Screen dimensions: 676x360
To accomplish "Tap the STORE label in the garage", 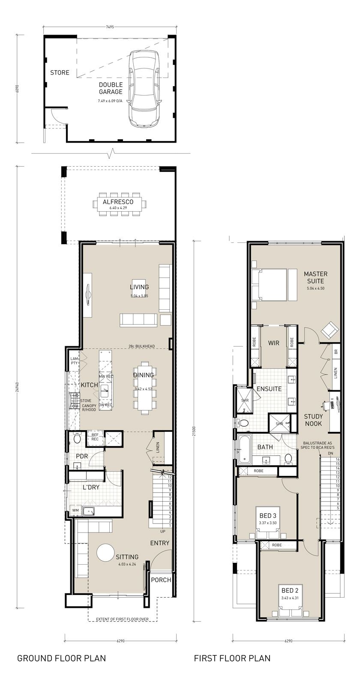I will (x=60, y=72).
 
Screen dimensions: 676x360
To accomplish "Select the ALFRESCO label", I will (x=118, y=202).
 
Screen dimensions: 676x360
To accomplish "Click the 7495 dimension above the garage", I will (x=110, y=27).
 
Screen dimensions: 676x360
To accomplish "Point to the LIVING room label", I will (x=139, y=287).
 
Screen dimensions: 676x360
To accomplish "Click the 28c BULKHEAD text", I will (x=141, y=346).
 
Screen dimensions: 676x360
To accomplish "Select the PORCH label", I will (x=161, y=580).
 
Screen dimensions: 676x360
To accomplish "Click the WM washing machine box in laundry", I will (x=75, y=511).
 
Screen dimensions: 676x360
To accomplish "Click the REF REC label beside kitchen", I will (x=95, y=437).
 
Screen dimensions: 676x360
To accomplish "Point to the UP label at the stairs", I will (x=163, y=531).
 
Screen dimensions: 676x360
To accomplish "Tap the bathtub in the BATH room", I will (x=245, y=449).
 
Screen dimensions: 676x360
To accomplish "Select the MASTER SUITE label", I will (x=315, y=277).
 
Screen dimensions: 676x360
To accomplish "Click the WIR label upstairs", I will (x=274, y=343).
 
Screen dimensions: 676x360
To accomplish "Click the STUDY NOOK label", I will (x=313, y=420).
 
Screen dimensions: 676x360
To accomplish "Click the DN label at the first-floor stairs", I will (x=330, y=453).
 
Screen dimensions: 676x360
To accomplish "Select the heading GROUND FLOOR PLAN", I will (x=61, y=658).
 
